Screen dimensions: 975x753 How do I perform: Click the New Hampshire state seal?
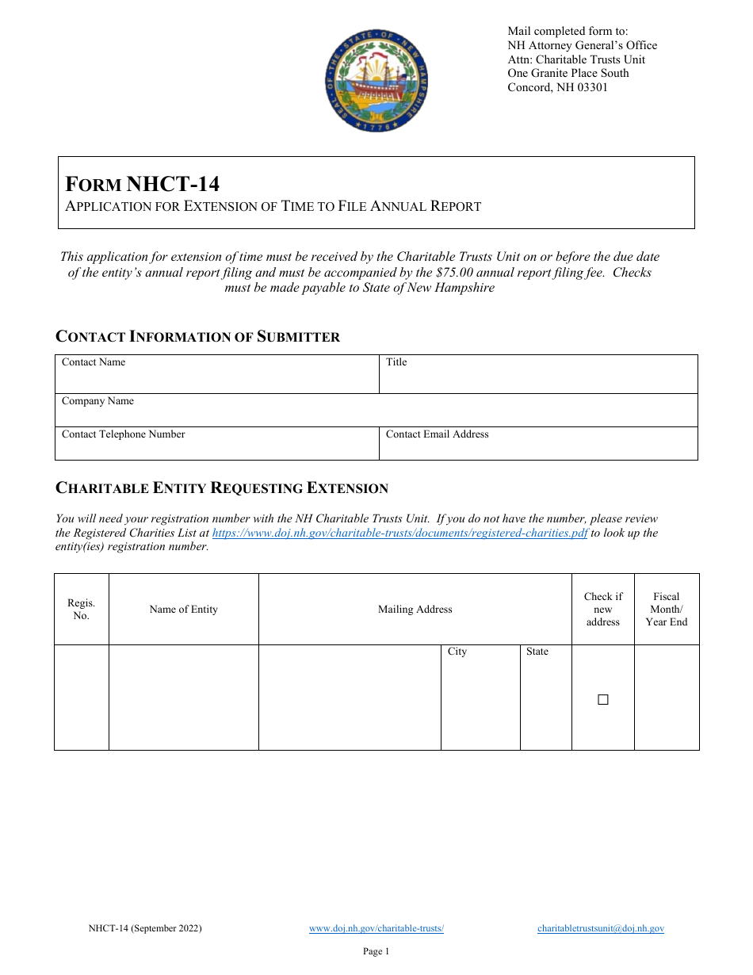pos(376,82)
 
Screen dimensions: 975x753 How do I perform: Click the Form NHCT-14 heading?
pos(143,184)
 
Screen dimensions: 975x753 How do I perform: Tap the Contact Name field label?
pos(94,362)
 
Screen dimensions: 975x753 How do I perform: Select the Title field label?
pos(396,362)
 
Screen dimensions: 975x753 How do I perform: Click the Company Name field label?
pos(97,401)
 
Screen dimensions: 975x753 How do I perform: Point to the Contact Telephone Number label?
pos(123,434)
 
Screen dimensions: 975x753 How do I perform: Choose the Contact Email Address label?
pos(437,434)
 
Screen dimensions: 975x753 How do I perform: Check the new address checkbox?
pos(602,699)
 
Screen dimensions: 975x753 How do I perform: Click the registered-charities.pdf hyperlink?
pos(400,533)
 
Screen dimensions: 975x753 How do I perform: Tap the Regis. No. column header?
pos(81,610)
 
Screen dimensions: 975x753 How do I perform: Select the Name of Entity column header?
pos(183,610)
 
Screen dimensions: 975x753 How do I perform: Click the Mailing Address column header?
pos(415,610)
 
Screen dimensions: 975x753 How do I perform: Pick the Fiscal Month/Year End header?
pos(666,610)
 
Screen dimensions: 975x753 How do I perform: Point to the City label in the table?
pos(457,652)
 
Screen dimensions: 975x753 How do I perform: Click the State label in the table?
pos(537,652)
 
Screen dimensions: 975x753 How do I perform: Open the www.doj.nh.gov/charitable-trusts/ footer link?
pos(376,928)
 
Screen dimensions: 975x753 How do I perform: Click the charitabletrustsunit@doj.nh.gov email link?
pos(600,928)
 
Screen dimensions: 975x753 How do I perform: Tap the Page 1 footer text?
pos(376,952)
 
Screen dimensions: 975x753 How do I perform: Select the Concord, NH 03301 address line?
pos(557,87)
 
